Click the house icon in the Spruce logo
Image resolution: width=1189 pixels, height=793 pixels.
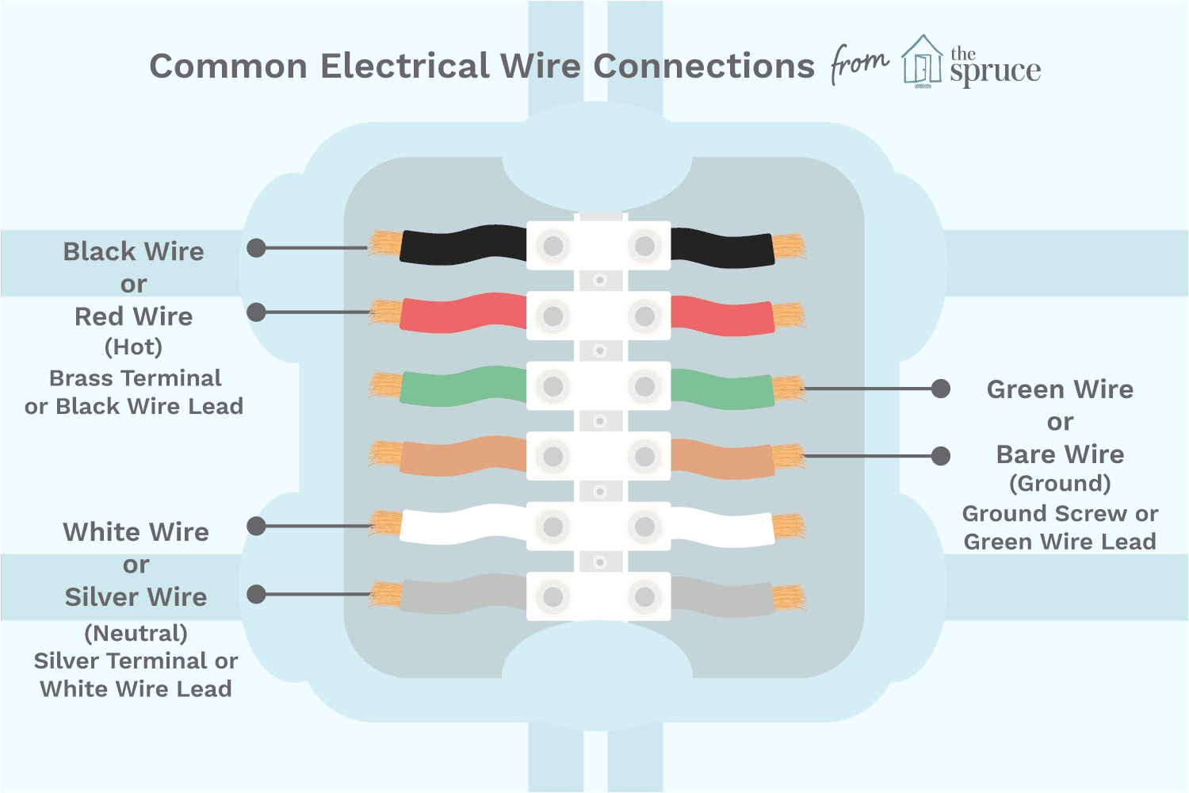point(922,61)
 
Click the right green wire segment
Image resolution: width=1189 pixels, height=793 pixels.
point(722,389)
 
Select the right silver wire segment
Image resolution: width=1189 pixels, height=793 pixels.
point(722,597)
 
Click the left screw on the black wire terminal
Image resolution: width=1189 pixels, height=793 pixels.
point(553,246)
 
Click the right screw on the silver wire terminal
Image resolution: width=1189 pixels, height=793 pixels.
point(645,597)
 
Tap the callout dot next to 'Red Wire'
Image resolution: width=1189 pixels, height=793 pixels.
point(256,312)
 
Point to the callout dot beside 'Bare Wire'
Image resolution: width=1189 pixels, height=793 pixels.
point(941,456)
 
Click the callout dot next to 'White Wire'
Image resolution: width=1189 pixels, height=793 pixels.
point(256,526)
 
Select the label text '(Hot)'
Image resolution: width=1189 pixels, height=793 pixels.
point(133,347)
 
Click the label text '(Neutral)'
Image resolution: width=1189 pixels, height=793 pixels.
point(136,633)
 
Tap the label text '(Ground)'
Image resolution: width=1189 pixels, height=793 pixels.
point(1060,484)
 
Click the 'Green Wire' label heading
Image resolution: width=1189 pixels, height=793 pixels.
point(1060,389)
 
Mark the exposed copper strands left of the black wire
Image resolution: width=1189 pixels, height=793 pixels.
point(385,243)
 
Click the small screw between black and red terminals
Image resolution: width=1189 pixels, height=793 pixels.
point(600,280)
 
